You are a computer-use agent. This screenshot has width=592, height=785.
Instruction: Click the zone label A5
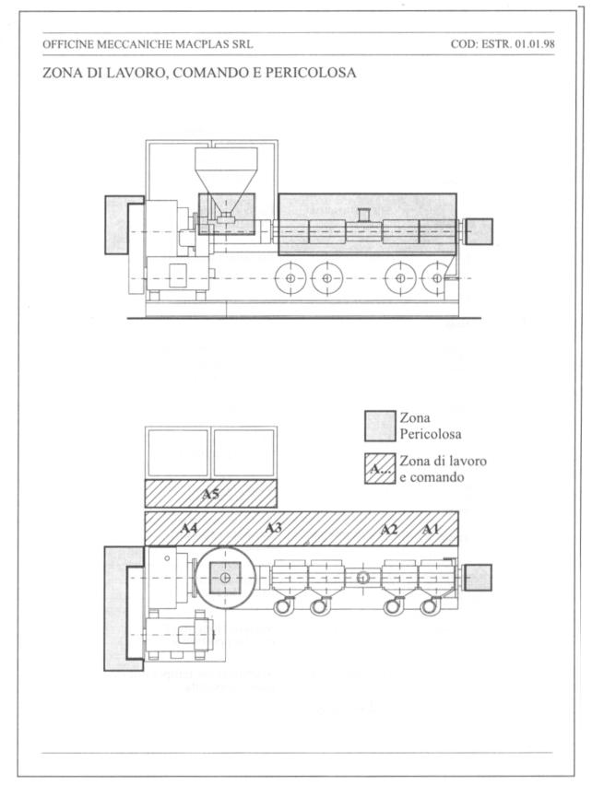[210, 494]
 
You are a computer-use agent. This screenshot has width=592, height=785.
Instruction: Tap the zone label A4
[189, 528]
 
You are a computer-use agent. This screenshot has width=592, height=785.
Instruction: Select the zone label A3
[274, 528]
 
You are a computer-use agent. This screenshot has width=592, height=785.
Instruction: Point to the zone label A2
[389, 529]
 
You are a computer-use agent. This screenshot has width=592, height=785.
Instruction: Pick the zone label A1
[431, 529]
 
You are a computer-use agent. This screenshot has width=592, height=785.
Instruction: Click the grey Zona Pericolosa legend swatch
[380, 426]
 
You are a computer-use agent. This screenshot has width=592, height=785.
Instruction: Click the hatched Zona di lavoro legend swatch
[380, 469]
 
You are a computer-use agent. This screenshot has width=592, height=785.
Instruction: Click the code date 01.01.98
[535, 44]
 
